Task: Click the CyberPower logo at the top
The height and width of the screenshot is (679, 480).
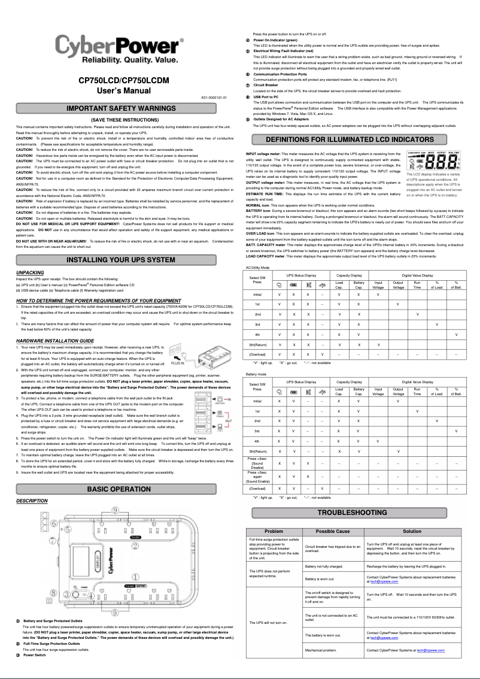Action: tap(120, 50)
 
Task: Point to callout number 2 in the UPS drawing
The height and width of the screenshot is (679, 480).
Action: tap(135, 546)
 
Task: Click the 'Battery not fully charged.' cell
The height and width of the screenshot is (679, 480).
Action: tap(324, 566)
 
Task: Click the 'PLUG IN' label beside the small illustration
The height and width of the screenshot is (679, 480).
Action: tap(178, 363)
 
